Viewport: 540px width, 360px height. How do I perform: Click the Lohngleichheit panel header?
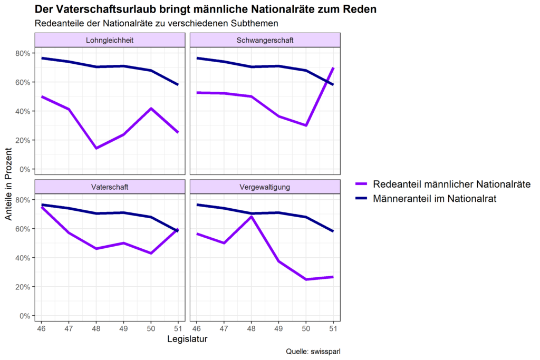(110, 40)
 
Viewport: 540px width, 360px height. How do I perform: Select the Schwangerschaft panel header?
(265, 40)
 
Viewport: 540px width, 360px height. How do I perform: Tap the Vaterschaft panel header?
(110, 187)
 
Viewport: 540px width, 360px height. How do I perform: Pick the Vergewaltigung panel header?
(265, 187)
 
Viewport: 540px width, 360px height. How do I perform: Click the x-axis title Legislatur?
(187, 339)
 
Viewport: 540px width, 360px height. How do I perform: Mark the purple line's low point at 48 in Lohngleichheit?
(96, 148)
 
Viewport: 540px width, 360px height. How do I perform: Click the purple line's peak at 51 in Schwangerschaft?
(333, 68)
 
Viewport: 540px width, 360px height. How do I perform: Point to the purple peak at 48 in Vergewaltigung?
(252, 217)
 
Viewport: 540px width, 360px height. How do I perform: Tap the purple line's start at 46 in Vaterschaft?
(41, 207)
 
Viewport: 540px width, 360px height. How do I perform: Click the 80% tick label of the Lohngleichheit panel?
(24, 53)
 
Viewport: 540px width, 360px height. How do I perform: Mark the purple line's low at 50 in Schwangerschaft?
(306, 125)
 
